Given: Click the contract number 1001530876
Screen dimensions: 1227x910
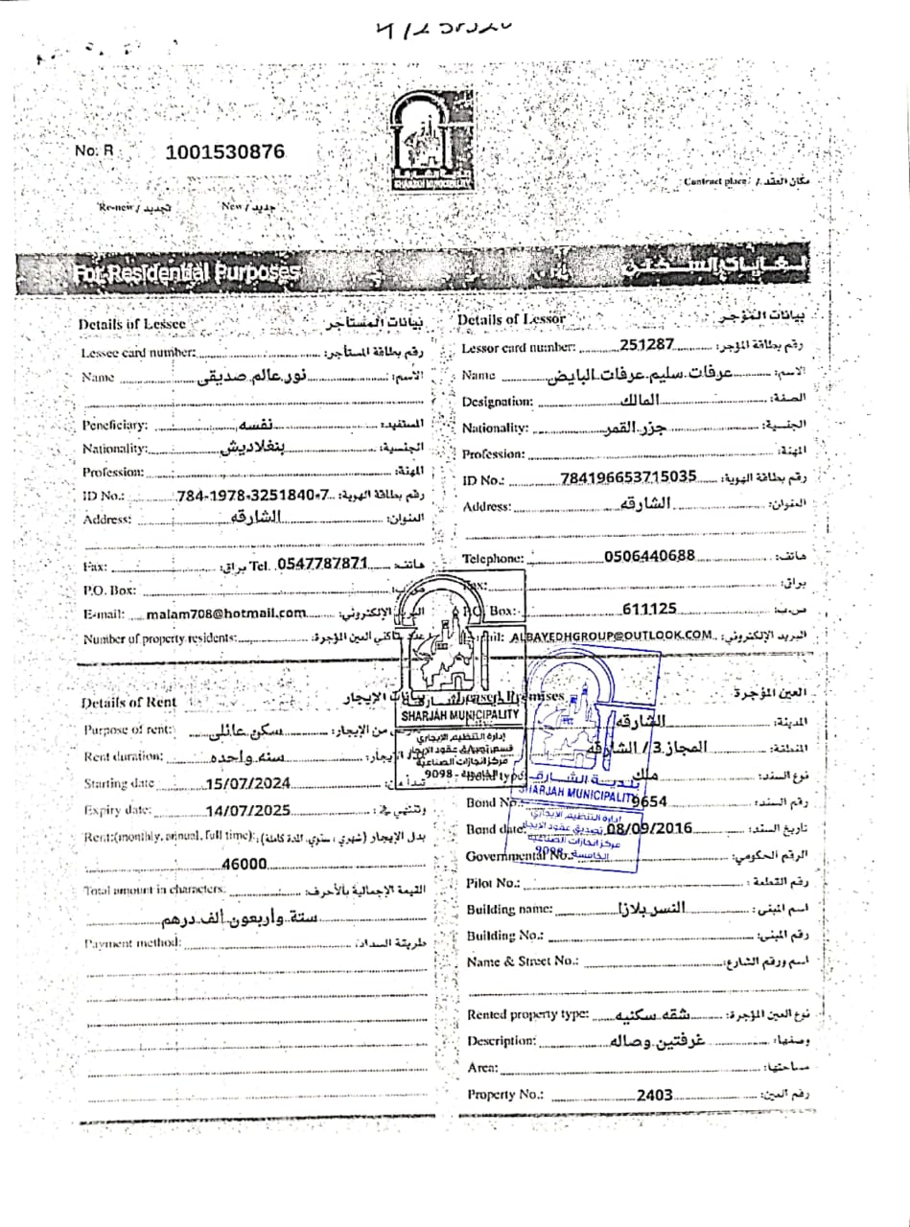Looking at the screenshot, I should [x=225, y=151].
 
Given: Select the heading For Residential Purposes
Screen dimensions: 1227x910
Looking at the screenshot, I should [x=187, y=274].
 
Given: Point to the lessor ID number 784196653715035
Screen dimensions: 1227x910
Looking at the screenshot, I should [x=628, y=478].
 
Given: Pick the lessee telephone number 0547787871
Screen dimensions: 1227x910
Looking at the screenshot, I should [x=321, y=564].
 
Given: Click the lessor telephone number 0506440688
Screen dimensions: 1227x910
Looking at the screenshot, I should [x=649, y=556].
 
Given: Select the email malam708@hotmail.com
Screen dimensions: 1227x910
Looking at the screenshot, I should [x=226, y=613].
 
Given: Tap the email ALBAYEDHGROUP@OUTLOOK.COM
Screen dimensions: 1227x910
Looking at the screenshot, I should [x=613, y=635].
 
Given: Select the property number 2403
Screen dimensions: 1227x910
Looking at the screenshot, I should [x=655, y=1094].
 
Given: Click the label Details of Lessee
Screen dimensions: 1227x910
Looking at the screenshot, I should [x=131, y=325].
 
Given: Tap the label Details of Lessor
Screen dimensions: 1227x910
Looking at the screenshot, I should [x=511, y=319].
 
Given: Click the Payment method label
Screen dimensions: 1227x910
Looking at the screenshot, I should [x=131, y=943].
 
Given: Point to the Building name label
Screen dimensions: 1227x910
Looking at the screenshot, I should [x=509, y=909].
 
